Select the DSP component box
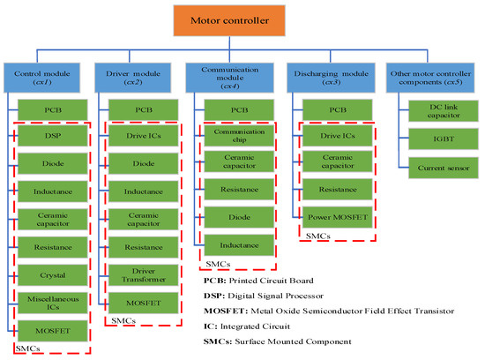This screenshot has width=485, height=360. [x=53, y=138]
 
